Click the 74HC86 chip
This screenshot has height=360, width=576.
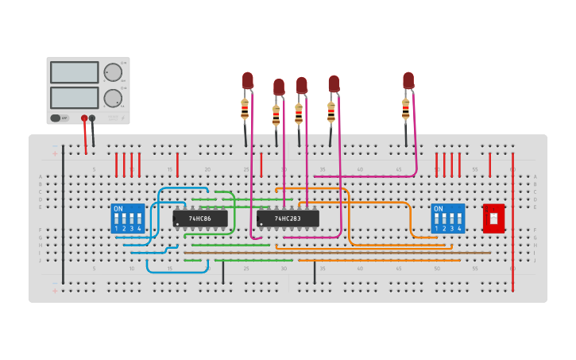coord(200,219)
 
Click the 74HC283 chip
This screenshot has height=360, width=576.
coord(288,219)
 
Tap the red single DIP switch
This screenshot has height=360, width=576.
coord(493,218)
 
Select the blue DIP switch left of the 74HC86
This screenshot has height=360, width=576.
coord(127,218)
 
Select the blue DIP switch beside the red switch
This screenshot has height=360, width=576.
coord(448,218)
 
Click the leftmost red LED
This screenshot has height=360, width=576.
coord(248,80)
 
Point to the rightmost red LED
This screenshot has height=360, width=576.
coord(408,80)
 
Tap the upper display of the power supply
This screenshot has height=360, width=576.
coord(75,72)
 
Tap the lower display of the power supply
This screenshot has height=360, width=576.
coord(75,97)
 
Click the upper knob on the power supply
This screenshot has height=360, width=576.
coord(113,72)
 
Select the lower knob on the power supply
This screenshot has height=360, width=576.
coord(113,98)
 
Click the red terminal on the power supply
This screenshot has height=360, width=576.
coord(83,118)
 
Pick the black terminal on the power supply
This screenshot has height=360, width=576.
coord(92,118)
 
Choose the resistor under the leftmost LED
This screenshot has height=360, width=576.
coord(245,109)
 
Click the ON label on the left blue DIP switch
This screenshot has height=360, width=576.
coord(118,209)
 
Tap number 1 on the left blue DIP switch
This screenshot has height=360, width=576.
coord(116,228)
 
